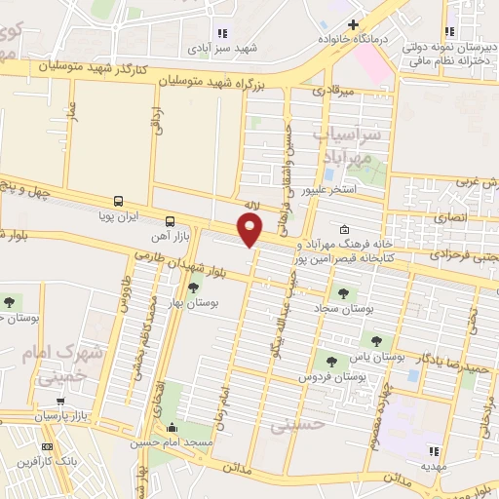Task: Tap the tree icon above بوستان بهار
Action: [x=193, y=287]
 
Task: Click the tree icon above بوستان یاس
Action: [x=377, y=340]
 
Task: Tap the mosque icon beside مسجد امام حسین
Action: [x=173, y=427]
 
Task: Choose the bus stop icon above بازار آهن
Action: [x=171, y=220]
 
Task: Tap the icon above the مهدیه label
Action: [x=436, y=451]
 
